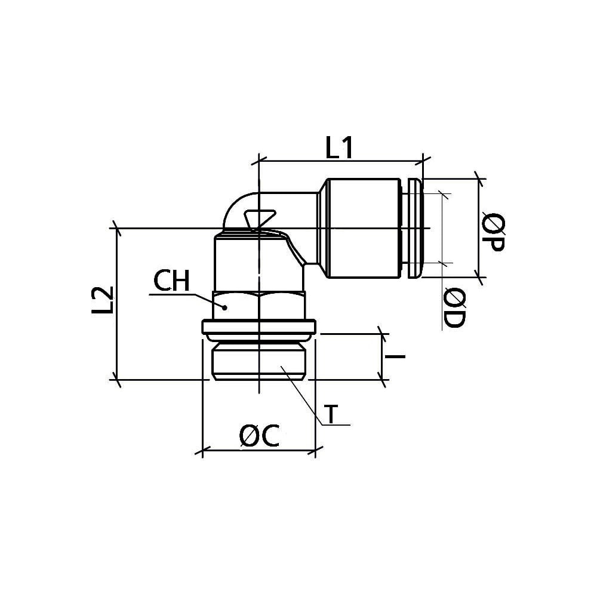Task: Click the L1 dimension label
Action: [x=340, y=147]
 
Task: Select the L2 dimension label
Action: [x=103, y=300]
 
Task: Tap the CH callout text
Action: [x=171, y=281]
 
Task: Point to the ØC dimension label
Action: [x=259, y=435]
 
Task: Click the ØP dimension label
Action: [x=493, y=232]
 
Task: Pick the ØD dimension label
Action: [x=454, y=308]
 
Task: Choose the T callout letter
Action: [x=333, y=414]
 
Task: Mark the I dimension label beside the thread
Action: [x=395, y=357]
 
